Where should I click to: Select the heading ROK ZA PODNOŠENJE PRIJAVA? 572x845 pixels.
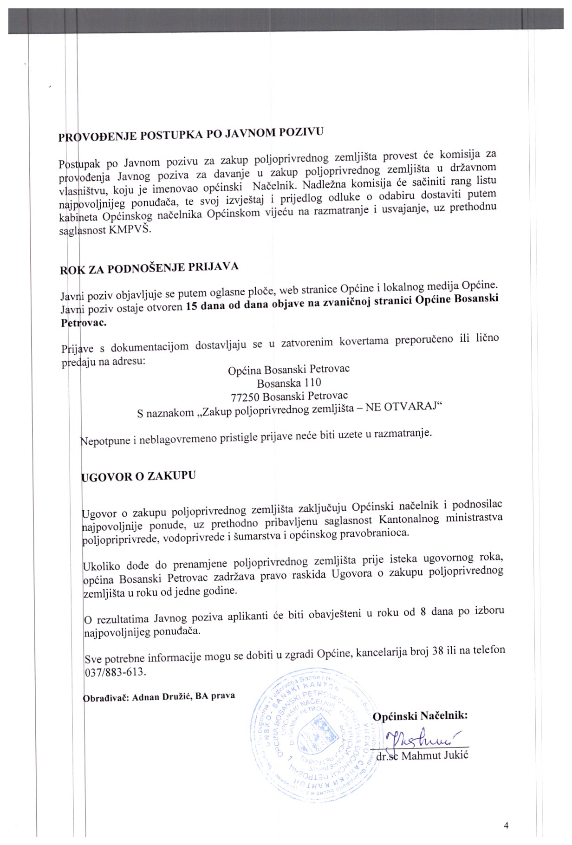click(149, 268)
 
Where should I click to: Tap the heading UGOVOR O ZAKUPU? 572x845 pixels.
click(138, 476)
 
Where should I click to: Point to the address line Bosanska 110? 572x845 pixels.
click(289, 383)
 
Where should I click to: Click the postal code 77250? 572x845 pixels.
click(245, 397)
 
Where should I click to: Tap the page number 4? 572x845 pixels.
click(506, 825)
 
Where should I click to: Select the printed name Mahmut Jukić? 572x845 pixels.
click(435, 755)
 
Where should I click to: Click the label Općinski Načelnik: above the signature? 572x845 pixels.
click(420, 715)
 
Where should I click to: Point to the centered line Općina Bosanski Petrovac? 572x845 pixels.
click(288, 370)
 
